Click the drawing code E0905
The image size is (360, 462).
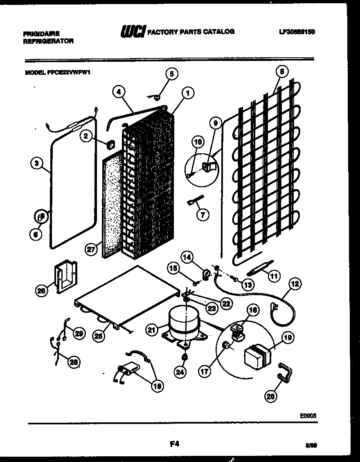[308, 415]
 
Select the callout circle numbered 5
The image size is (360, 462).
[172, 74]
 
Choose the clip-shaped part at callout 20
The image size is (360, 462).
[285, 371]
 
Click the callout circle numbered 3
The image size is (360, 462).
[37, 164]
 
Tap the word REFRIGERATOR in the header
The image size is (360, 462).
[49, 41]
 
